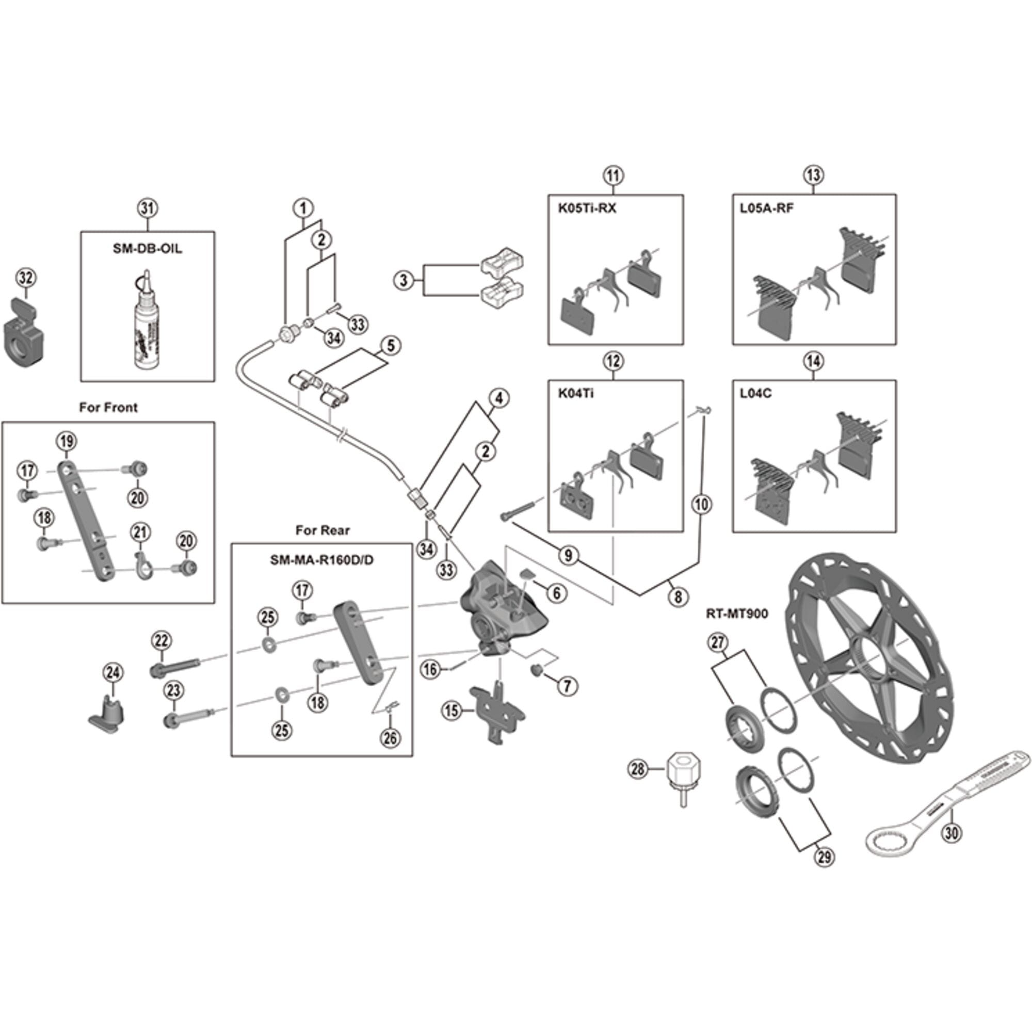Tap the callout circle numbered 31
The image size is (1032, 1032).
pos(148,208)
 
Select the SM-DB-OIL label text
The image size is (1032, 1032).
pos(148,249)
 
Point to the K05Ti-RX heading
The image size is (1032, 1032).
pos(587,208)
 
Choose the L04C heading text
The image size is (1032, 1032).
pos(755,394)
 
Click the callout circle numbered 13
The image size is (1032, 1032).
pos(813,175)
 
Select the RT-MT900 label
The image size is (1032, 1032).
pos(737,614)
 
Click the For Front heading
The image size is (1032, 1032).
pos(108,407)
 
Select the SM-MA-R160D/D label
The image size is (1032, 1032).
pos(322,560)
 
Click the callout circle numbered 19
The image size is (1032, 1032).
pos(66,441)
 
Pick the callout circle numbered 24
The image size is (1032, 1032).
pos(112,672)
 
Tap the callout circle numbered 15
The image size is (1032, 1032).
pos(452,711)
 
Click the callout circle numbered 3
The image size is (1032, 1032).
pos(404,280)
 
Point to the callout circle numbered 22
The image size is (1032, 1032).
pos(161,640)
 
